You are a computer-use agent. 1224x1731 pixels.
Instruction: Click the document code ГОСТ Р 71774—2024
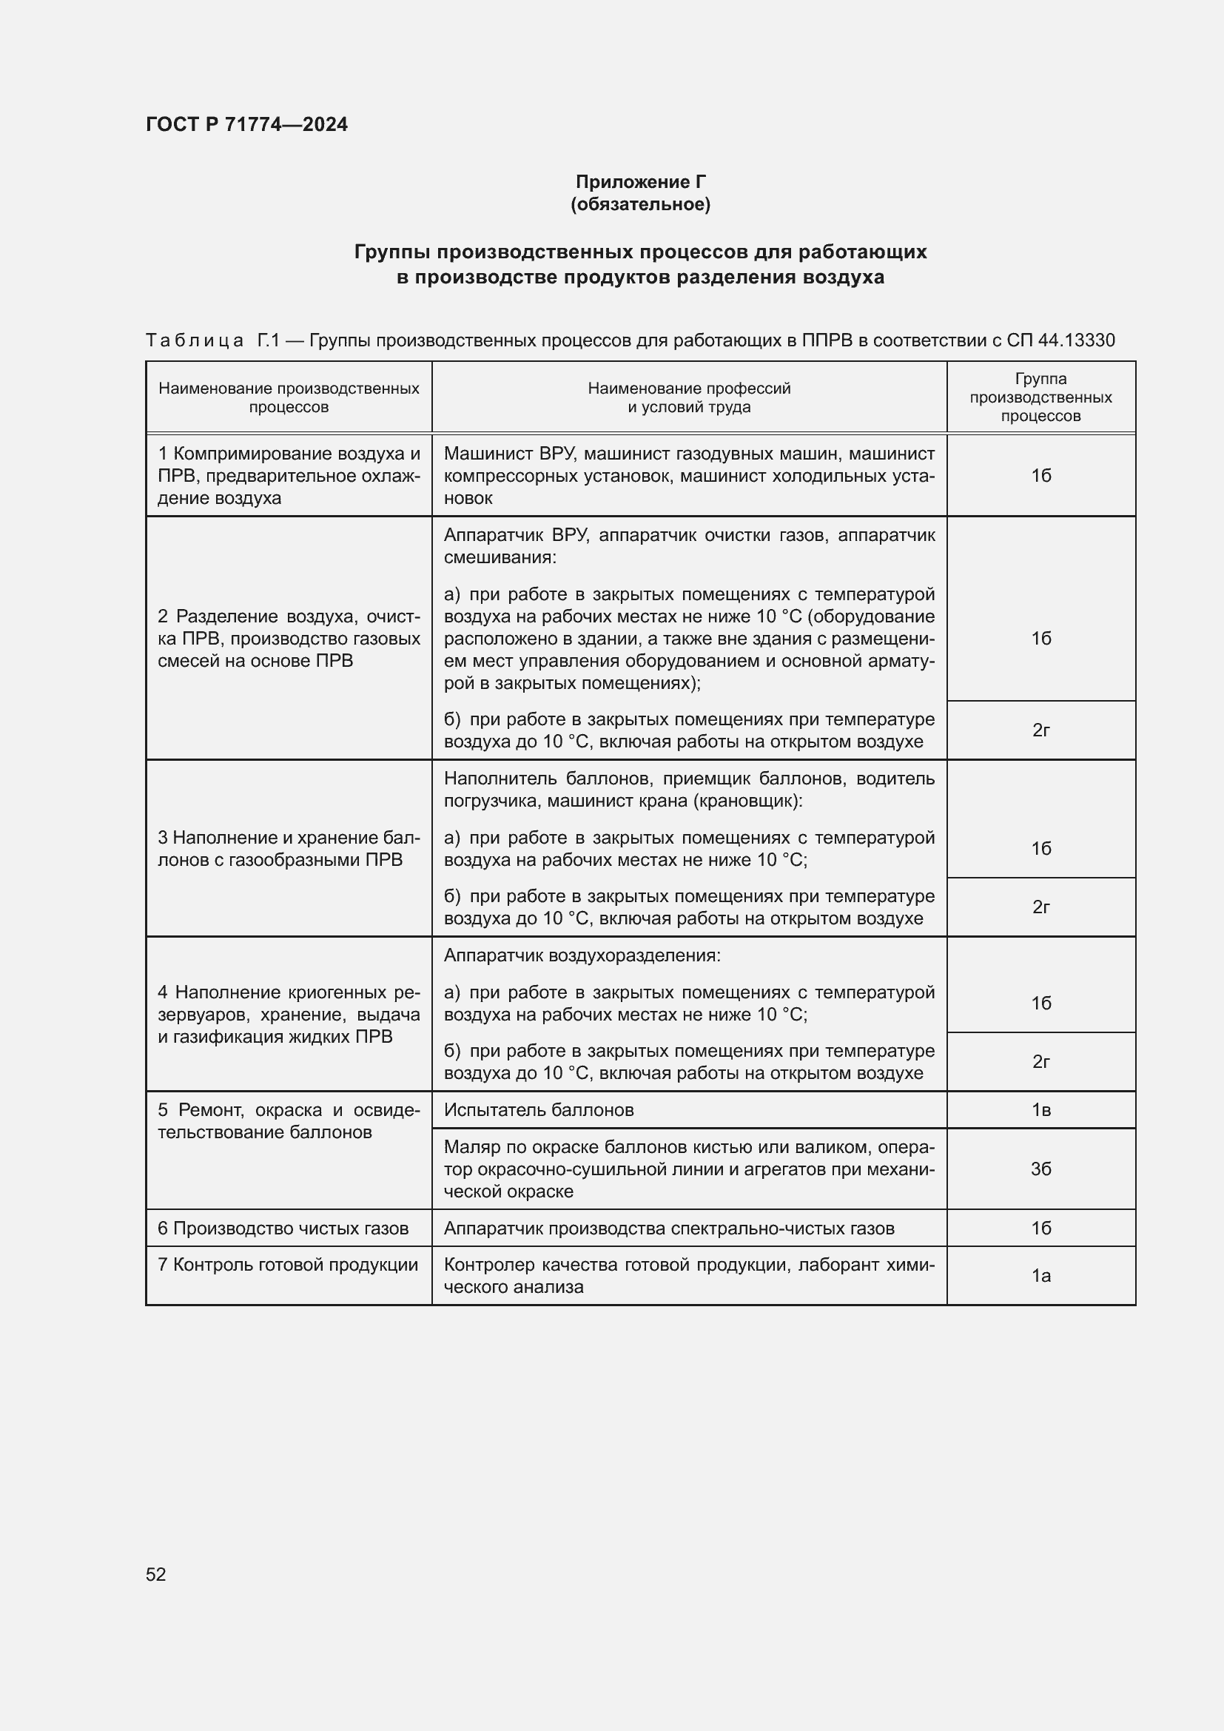pyautogui.click(x=246, y=124)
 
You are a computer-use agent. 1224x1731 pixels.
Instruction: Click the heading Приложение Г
pyautogui.click(x=640, y=182)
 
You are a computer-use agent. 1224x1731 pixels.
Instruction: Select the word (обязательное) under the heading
pyautogui.click(x=640, y=204)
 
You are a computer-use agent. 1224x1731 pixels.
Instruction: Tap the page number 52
pyautogui.click(x=156, y=1574)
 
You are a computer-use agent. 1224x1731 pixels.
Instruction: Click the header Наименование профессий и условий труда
pyautogui.click(x=689, y=397)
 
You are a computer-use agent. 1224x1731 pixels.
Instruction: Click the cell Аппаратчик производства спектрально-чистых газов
pyautogui.click(x=668, y=1228)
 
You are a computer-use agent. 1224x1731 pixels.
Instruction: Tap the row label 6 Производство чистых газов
pyautogui.click(x=283, y=1228)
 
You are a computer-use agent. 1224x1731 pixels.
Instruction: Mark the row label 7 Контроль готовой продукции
pyautogui.click(x=287, y=1264)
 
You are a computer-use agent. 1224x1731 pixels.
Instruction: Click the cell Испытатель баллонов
pyautogui.click(x=538, y=1110)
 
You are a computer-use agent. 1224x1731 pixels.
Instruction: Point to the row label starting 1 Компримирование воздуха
pyautogui.click(x=289, y=476)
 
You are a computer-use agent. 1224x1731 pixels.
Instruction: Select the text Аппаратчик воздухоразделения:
pyautogui.click(x=582, y=955)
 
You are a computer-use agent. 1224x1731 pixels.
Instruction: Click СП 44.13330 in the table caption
pyautogui.click(x=1060, y=340)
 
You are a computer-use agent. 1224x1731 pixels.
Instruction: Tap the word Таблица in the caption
pyautogui.click(x=195, y=340)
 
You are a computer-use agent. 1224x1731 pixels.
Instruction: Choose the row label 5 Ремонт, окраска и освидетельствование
pyautogui.click(x=289, y=1121)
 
